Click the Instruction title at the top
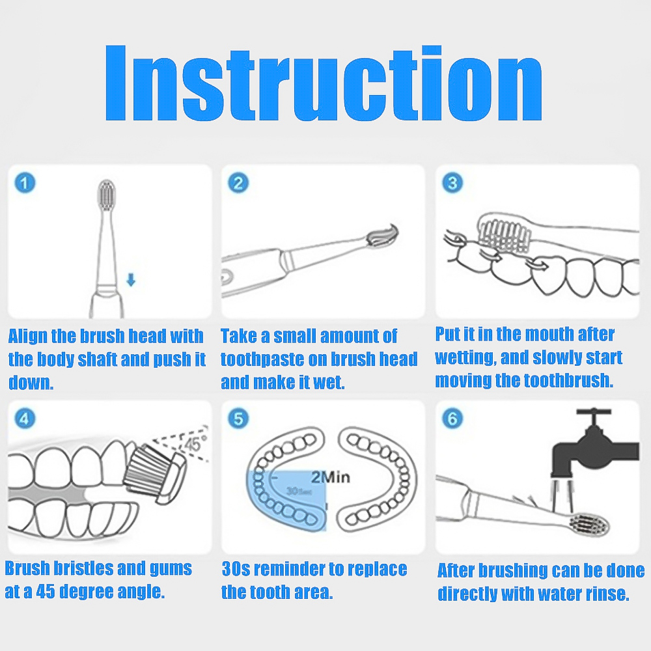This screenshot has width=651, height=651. [x=324, y=83]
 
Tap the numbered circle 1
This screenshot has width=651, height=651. [x=25, y=183]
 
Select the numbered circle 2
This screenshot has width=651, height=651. [x=238, y=183]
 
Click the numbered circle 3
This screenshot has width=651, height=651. [x=452, y=183]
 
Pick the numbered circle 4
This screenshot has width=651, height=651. [x=25, y=419]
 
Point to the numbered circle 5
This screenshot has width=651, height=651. [x=238, y=419]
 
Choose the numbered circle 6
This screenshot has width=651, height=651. [x=452, y=419]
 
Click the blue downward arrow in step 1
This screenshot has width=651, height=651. [x=131, y=280]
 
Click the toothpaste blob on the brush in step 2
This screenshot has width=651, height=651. [x=383, y=236]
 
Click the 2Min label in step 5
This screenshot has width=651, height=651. [x=331, y=477]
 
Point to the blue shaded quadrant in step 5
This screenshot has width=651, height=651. [x=286, y=500]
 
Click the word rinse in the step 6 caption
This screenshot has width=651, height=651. [x=607, y=594]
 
